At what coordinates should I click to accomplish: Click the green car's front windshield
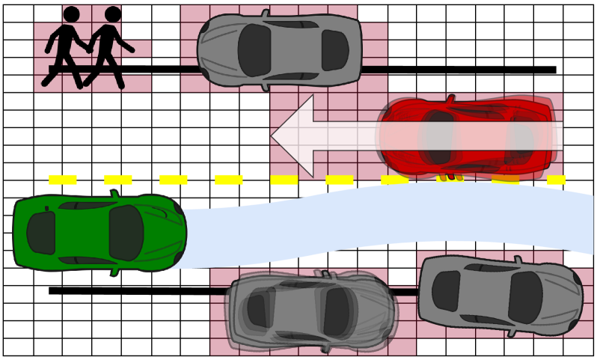click(x=126, y=233)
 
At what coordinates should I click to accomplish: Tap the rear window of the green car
click(x=41, y=233)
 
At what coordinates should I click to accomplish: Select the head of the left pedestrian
click(x=71, y=14)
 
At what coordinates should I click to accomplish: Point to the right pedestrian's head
click(x=113, y=14)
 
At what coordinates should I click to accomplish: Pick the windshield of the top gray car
click(x=254, y=50)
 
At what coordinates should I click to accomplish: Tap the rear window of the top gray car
click(x=334, y=50)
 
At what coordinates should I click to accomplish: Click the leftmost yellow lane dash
click(x=63, y=180)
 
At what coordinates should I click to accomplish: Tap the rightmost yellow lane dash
click(x=556, y=180)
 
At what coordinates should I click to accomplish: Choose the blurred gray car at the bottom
click(x=310, y=311)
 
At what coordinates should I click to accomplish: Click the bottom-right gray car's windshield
click(x=524, y=296)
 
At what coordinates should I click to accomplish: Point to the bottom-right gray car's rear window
click(x=447, y=291)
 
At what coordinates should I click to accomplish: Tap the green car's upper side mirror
click(x=114, y=195)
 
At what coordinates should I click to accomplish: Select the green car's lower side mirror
click(x=114, y=271)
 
